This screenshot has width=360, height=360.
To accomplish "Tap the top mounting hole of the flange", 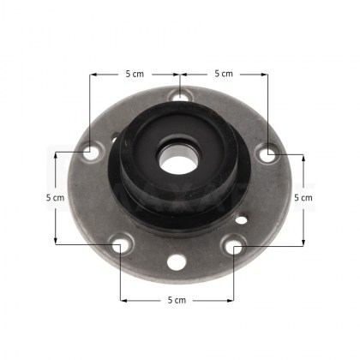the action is (x=180, y=96).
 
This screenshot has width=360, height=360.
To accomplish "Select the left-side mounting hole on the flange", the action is (x=91, y=152).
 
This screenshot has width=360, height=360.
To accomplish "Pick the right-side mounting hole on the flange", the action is (x=268, y=153).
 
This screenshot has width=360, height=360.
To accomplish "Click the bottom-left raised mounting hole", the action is (x=122, y=244).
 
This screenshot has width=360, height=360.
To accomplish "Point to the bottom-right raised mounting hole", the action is (x=233, y=245).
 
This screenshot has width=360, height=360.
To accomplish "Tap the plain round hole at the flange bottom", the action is (x=177, y=262).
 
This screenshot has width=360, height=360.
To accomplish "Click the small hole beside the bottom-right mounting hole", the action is (x=242, y=220).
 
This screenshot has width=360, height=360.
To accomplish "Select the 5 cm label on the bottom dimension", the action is (x=177, y=300).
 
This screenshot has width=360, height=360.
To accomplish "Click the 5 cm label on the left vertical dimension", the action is (x=56, y=197).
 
